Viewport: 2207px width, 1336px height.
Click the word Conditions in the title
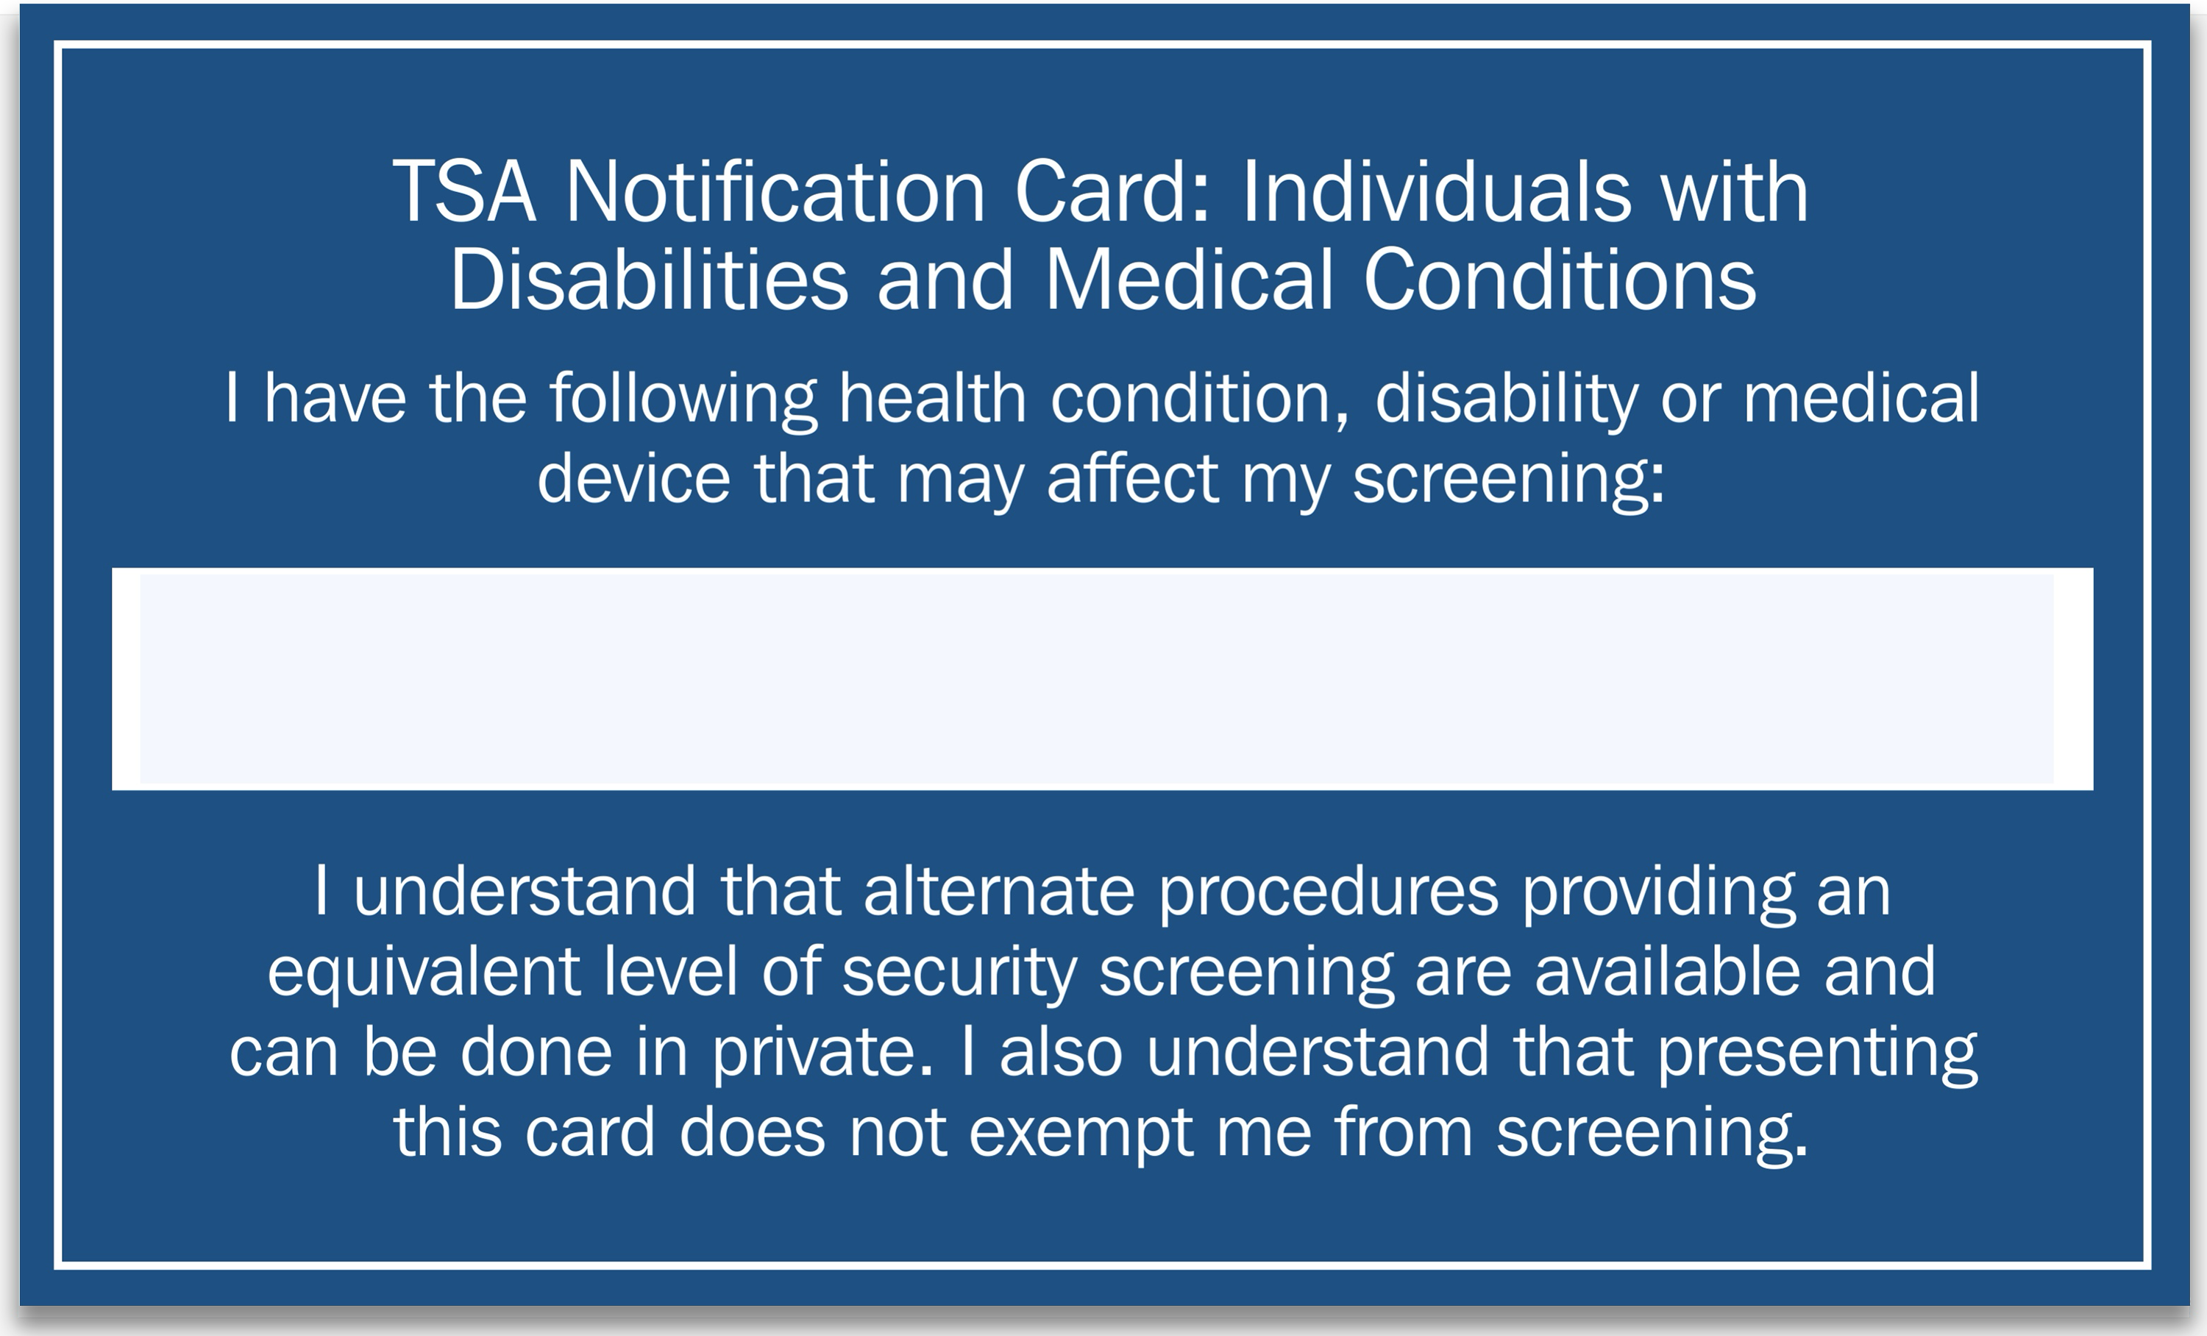(1560, 279)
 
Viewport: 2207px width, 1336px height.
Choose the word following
(683, 399)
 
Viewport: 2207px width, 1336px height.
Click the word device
(634, 477)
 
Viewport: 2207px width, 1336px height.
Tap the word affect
(1132, 477)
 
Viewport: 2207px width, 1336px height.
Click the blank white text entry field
(1103, 679)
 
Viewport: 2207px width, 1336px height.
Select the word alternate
(999, 891)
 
